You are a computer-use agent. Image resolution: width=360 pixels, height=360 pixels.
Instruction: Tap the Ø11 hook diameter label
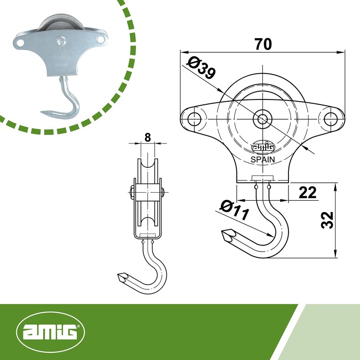(234, 210)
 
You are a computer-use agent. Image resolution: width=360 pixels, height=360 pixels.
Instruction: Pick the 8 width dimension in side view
(147, 137)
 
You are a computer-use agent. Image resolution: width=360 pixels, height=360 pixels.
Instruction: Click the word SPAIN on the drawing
(262, 159)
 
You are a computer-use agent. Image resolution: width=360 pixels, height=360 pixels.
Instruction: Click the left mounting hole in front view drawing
(194, 119)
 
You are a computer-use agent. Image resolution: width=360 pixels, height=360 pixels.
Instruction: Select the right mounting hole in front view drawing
(331, 118)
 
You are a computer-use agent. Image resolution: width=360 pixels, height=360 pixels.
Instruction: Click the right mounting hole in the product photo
(99, 40)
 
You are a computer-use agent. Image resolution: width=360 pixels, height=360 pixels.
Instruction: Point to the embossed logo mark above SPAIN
(262, 147)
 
